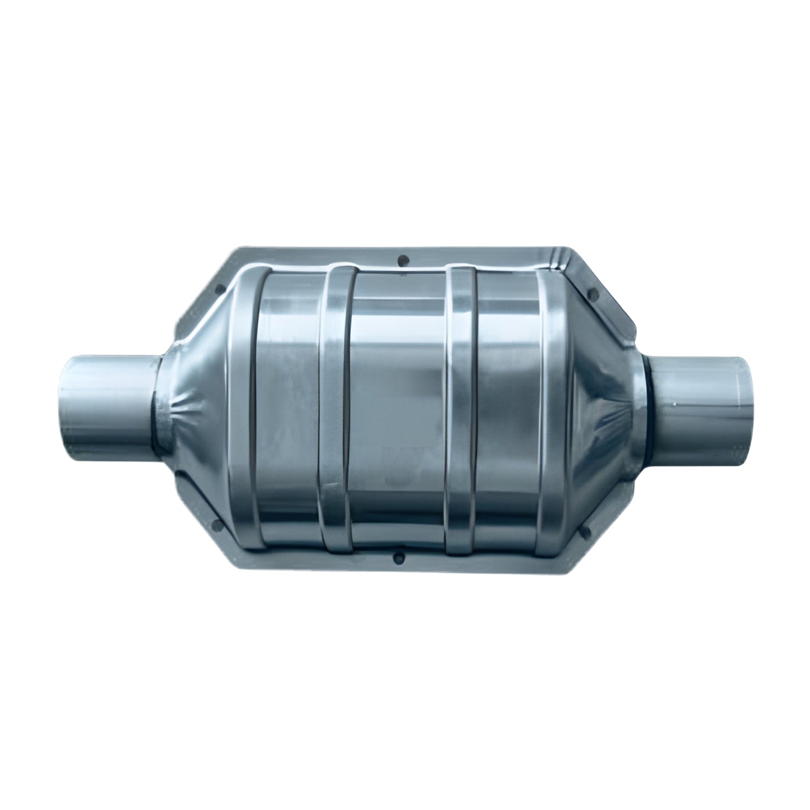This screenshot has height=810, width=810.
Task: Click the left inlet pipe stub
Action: tap(107, 401)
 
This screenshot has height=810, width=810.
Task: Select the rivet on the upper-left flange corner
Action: tap(221, 290)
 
